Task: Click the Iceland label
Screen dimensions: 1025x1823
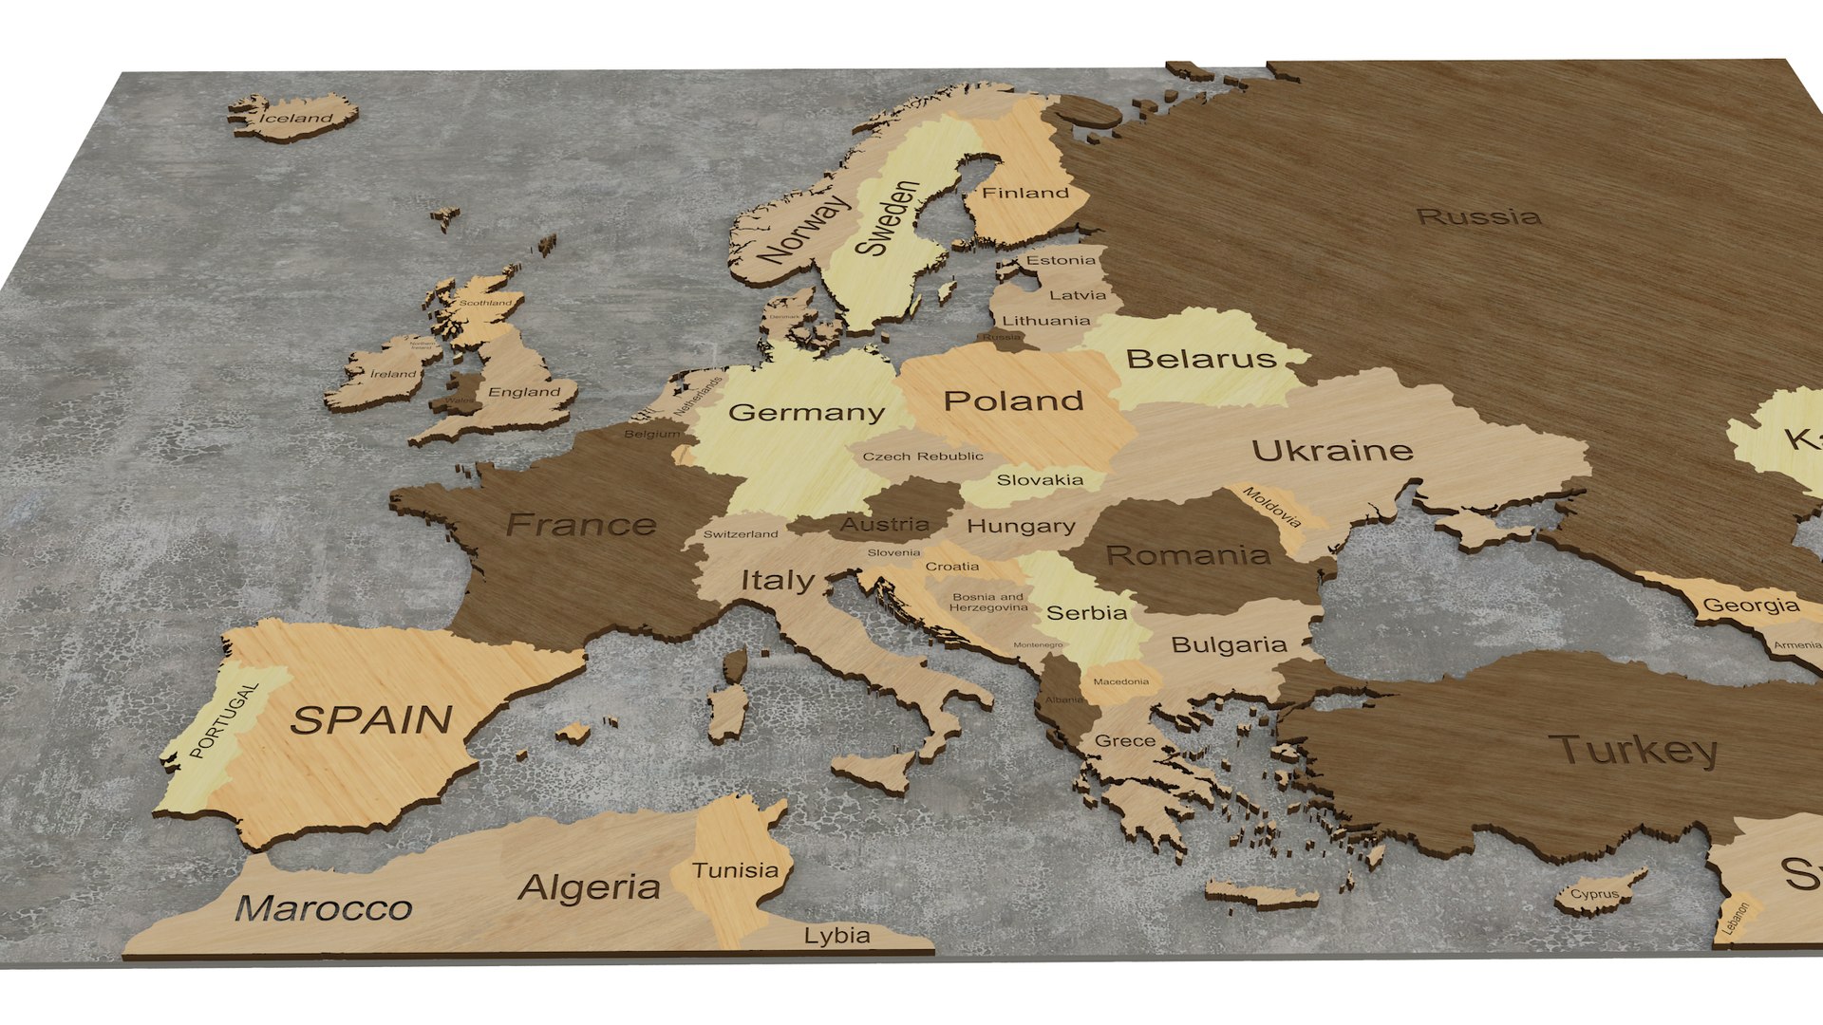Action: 297,119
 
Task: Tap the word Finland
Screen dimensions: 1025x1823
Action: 1025,193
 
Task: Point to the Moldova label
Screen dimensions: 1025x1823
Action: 1272,508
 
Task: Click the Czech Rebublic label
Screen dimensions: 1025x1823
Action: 923,457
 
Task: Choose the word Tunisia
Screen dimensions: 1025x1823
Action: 735,870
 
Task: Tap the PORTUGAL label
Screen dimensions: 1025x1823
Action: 225,720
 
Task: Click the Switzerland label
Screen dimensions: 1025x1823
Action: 741,534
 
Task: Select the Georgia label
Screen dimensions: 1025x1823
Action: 1751,606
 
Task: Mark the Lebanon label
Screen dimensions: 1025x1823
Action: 1735,919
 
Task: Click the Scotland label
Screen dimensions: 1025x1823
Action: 485,303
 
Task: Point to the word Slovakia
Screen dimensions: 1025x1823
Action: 1040,480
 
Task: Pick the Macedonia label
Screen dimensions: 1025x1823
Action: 1120,681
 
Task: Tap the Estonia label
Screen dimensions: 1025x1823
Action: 1061,260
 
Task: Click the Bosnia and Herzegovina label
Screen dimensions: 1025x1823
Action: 988,603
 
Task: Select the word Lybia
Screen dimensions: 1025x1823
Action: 836,936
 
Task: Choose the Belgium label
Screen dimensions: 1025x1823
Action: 652,434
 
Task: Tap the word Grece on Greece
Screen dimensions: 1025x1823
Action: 1125,741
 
